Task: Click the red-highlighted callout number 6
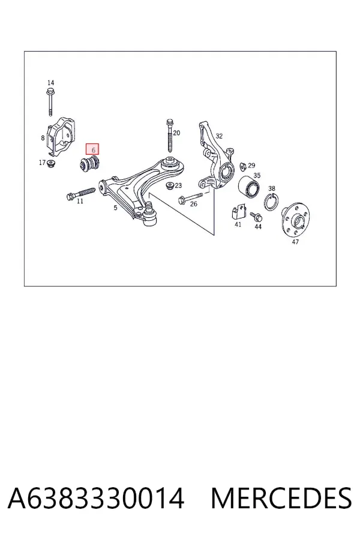point(92,149)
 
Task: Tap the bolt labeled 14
point(50,102)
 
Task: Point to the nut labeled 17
point(52,163)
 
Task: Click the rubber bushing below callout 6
point(89,164)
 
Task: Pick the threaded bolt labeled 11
point(80,193)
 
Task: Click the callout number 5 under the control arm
point(115,208)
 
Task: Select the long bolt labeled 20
point(169,136)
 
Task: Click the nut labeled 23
point(169,185)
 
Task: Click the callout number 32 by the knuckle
point(219,136)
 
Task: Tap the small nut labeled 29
point(243,166)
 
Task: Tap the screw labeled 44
point(257,217)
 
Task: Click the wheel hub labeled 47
point(295,218)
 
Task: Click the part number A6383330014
point(96,499)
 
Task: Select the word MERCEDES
point(281,499)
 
